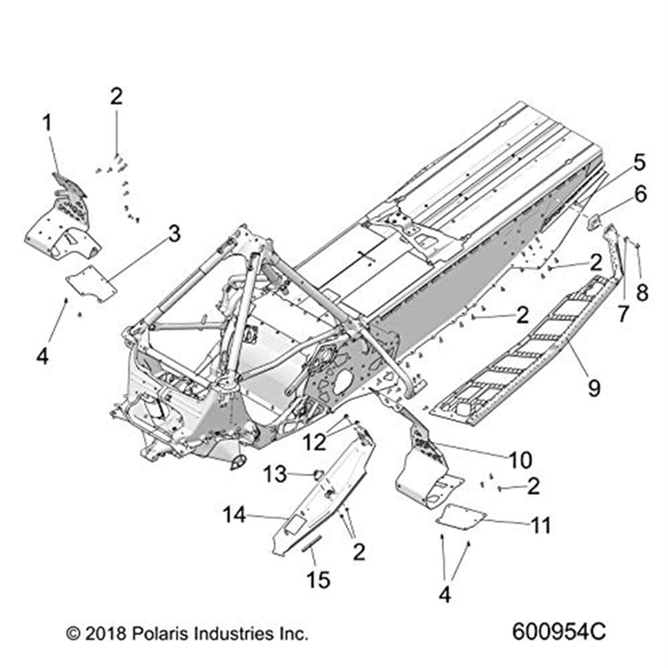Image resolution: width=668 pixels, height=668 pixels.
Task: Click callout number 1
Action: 47,123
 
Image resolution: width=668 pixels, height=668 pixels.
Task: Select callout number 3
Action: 174,234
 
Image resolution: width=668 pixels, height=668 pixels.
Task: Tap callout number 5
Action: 639,162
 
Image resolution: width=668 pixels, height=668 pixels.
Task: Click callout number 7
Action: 623,313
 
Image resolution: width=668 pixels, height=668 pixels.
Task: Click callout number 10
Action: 520,460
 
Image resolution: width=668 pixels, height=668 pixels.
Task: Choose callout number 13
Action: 277,475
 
